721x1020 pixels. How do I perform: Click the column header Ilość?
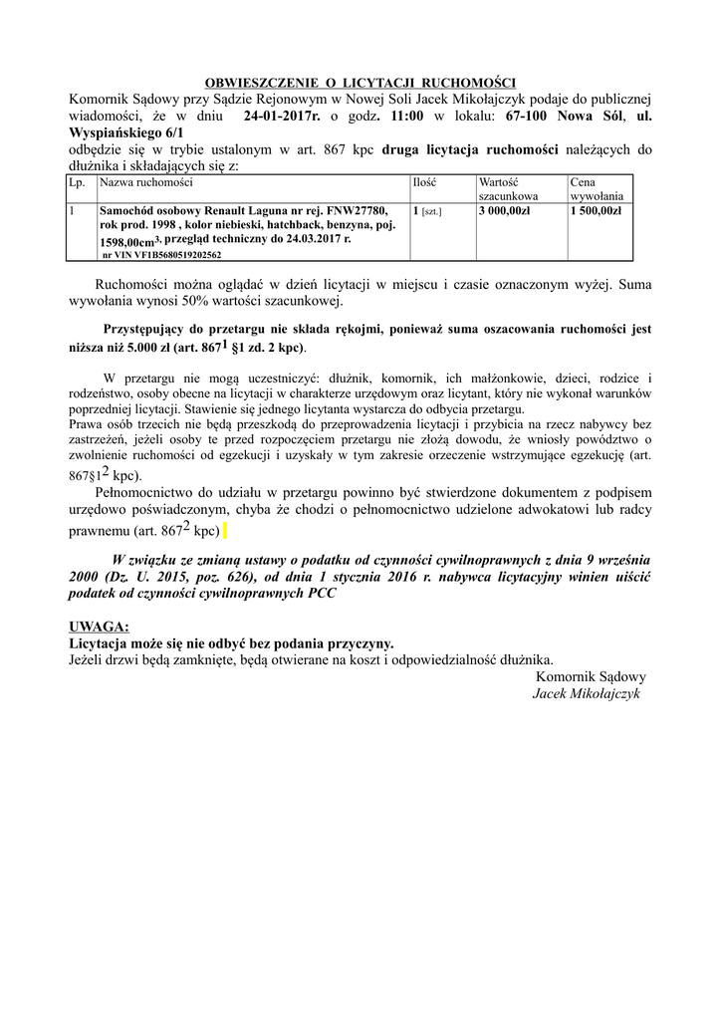click(x=424, y=183)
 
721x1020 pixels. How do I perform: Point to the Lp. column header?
click(x=77, y=183)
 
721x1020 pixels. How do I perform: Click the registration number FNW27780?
click(x=356, y=212)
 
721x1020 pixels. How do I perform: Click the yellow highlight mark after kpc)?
click(x=226, y=530)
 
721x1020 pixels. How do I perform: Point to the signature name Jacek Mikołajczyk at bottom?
click(x=589, y=692)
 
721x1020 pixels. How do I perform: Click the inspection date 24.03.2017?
click(x=312, y=240)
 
